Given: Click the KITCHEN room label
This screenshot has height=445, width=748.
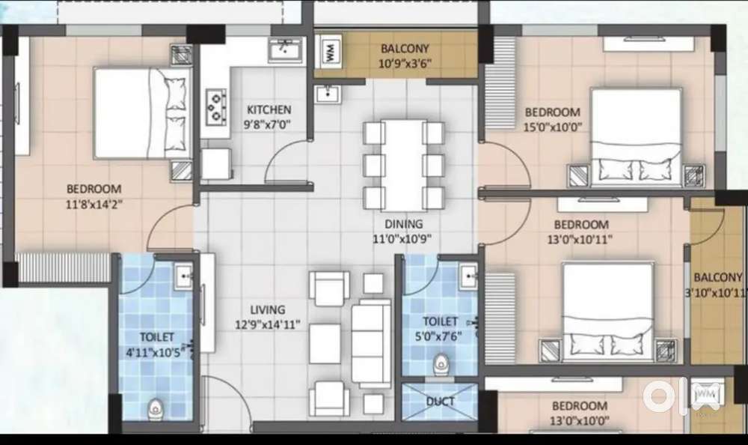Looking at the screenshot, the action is (269, 109).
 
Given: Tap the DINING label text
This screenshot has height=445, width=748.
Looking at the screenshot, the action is (404, 224).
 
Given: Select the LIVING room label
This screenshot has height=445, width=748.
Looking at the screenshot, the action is (268, 309).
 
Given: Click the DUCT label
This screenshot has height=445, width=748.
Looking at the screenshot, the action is (440, 401).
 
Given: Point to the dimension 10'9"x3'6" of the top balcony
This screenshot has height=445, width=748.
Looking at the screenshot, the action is (405, 63).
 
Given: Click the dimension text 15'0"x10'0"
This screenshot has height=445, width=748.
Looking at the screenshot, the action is (553, 127).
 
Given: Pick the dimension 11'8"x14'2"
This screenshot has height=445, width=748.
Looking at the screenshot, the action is (94, 204).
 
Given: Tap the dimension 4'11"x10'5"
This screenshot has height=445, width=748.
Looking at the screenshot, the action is (156, 353).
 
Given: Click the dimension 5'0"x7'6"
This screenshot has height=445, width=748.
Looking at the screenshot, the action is (438, 336).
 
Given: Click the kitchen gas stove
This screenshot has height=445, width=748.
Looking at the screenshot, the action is (215, 106).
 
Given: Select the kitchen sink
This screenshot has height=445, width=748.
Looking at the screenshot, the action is (285, 50).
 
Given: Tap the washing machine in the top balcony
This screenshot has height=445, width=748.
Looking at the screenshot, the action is (330, 49).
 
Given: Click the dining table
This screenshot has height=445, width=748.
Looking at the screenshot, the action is (404, 165).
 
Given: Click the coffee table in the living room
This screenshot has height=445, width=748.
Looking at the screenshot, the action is (325, 344).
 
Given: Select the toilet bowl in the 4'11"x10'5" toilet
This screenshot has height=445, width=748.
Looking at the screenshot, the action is (155, 409).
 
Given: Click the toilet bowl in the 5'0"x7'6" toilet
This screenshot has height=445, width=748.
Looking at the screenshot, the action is (441, 364).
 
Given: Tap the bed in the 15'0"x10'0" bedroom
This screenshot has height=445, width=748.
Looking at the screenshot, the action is (636, 136).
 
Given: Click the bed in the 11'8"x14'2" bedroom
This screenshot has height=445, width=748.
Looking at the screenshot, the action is (142, 113).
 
